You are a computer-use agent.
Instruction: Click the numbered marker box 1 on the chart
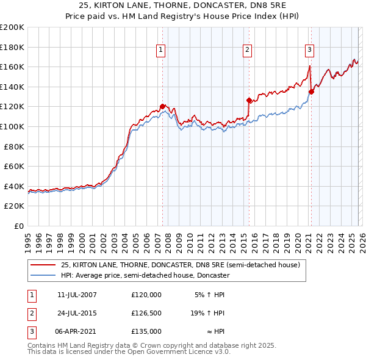click(161, 50)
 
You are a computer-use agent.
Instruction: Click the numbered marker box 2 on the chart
click(248, 50)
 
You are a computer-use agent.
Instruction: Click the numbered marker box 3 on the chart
click(309, 50)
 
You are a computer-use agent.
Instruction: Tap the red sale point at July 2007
click(162, 106)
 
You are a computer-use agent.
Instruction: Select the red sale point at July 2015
click(249, 100)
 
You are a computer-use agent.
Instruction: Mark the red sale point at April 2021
click(310, 92)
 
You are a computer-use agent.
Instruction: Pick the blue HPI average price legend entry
click(145, 276)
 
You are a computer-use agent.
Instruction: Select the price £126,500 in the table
click(146, 313)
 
